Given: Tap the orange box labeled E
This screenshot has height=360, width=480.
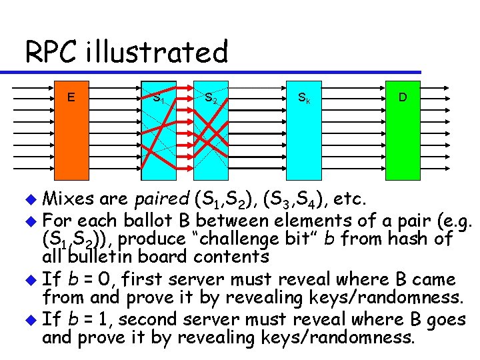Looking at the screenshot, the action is [x=71, y=130].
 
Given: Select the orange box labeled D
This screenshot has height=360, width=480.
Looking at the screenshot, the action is [x=403, y=130].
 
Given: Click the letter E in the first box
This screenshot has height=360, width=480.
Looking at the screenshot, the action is [x=71, y=97].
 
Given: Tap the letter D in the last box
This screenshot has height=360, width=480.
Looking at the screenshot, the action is [x=403, y=97].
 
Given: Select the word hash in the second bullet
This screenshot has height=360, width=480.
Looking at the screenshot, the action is [x=411, y=238].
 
